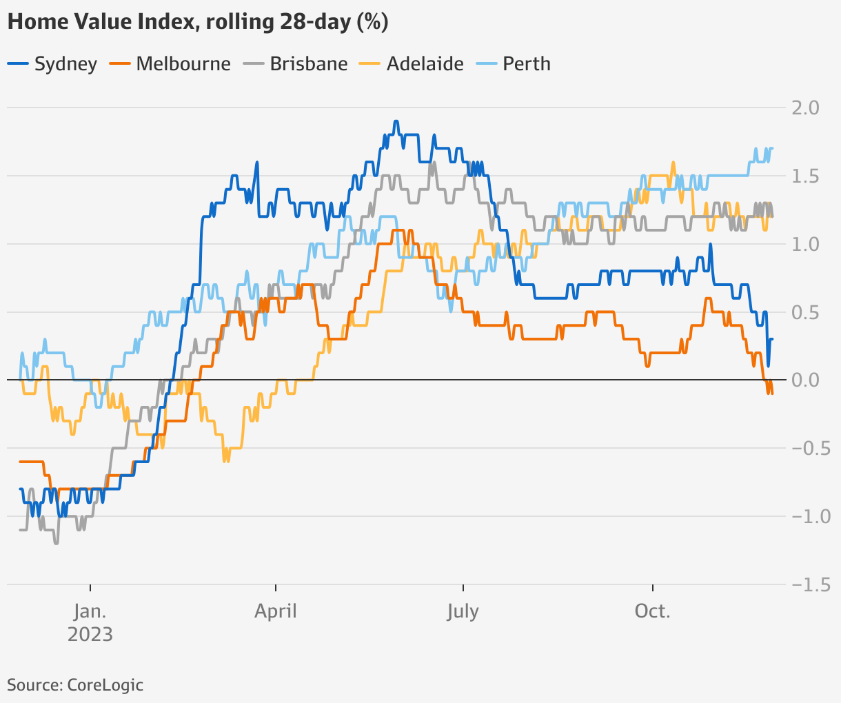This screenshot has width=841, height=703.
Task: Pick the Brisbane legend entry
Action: click(296, 64)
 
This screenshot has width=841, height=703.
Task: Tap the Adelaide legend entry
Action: click(413, 64)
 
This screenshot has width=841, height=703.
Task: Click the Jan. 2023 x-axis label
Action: click(90, 622)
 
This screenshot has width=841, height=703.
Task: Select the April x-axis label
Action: click(276, 611)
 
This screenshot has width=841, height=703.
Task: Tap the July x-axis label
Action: click(463, 611)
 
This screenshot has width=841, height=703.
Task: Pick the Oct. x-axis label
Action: click(652, 611)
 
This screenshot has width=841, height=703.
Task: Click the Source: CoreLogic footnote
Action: click(75, 685)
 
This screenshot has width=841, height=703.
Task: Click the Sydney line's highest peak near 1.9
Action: click(396, 122)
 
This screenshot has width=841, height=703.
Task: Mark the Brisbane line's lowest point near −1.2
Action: click(56, 543)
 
